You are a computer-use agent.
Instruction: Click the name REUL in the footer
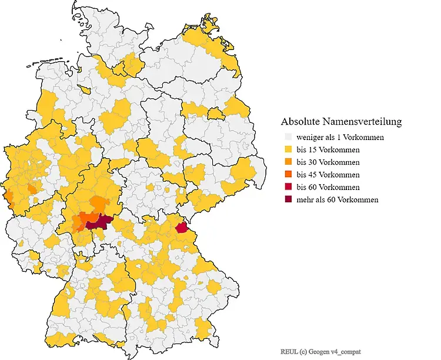click(x=289, y=351)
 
